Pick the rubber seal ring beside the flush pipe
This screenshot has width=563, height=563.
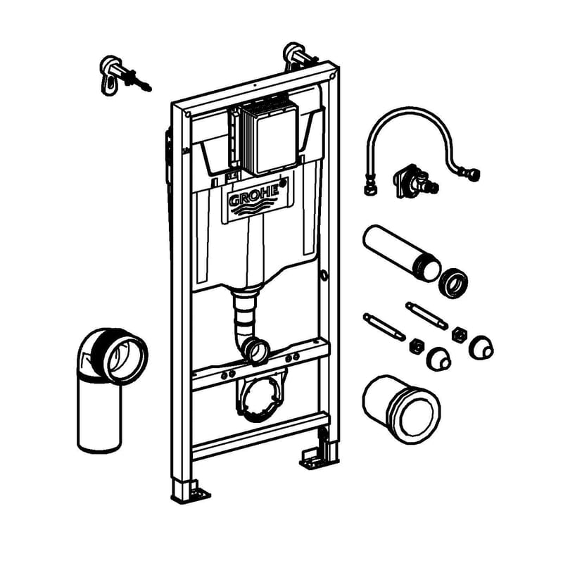coord(454,282)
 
